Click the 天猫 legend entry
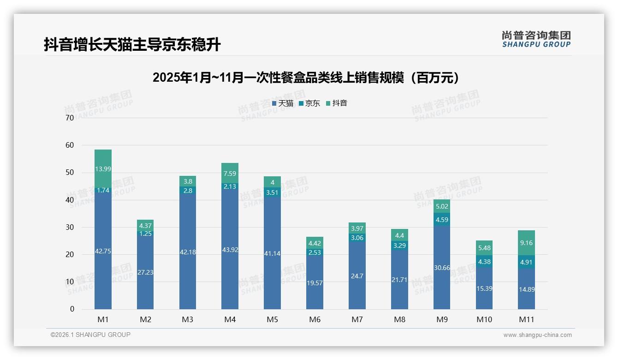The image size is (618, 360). (283, 103)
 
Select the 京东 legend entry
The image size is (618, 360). (309, 103)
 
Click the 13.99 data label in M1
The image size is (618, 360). (103, 169)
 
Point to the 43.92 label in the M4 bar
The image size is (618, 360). (230, 250)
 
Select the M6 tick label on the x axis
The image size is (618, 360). (315, 319)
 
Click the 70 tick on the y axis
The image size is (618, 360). (70, 118)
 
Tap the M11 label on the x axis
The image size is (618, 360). (526, 319)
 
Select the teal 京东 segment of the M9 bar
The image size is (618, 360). (442, 220)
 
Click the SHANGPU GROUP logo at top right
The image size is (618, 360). (536, 39)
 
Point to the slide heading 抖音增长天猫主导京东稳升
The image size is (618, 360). (132, 45)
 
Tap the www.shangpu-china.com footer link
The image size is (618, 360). (537, 335)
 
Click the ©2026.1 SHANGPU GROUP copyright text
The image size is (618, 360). (90, 335)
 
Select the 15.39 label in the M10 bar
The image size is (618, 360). (484, 288)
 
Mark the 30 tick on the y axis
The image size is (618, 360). (70, 227)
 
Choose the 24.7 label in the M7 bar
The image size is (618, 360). (357, 276)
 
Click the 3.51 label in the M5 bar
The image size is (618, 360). (272, 193)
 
